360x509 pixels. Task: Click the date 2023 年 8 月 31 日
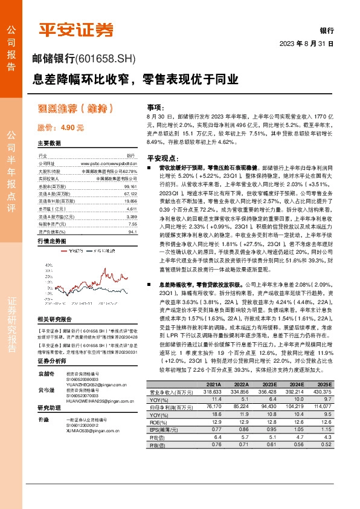(x=306, y=45)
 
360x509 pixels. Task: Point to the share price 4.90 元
(x=60, y=128)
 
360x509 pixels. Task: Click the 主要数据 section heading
(x=49, y=144)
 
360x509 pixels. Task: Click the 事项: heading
(x=156, y=105)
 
